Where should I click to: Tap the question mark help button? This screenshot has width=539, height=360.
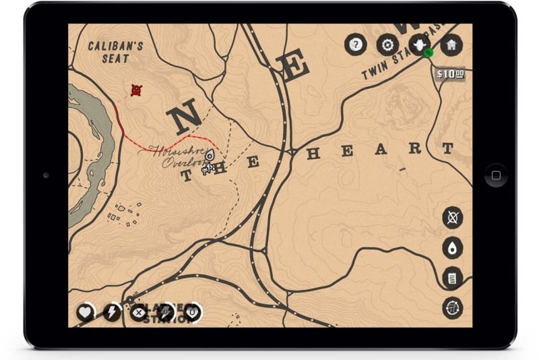click(x=355, y=45)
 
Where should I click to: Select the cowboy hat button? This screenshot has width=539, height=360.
click(x=420, y=45)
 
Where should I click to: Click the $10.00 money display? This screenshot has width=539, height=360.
click(x=451, y=73)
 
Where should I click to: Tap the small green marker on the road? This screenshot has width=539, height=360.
click(x=429, y=53)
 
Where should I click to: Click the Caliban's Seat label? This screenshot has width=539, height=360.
click(x=116, y=53)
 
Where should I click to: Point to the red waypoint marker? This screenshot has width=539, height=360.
click(x=136, y=90)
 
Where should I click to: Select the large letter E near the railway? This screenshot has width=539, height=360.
click(x=294, y=67)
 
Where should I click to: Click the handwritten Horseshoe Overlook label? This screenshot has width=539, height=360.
click(x=177, y=156)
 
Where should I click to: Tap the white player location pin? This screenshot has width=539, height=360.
click(x=210, y=156)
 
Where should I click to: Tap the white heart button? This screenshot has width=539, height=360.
click(x=86, y=312)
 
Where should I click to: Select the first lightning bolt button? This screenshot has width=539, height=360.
click(x=112, y=312)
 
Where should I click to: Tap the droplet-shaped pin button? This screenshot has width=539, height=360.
click(x=453, y=248)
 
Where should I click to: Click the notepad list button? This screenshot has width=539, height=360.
click(x=453, y=278)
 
